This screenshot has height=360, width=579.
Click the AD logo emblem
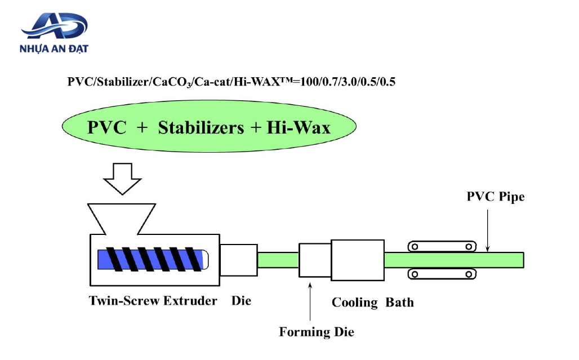[54, 26]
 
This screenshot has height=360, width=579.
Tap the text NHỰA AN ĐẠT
[54, 49]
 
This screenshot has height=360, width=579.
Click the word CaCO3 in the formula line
[172, 82]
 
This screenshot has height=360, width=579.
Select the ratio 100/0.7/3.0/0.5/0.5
[348, 82]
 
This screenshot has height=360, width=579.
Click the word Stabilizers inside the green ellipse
[201, 128]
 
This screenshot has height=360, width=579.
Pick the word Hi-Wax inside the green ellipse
[299, 128]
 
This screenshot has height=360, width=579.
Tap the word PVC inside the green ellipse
[106, 128]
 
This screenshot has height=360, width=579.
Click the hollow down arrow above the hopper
[122, 179]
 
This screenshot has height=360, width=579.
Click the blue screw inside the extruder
[153, 259]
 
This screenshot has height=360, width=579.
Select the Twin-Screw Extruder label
[153, 301]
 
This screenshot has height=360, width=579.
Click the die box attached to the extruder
[239, 260]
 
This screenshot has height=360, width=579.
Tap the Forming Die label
[317, 332]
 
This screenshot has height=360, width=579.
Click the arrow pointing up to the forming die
[310, 301]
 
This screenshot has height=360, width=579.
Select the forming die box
[315, 260]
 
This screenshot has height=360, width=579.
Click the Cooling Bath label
[373, 303]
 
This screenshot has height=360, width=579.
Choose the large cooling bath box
[358, 260]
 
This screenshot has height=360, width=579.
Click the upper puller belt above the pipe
[442, 246]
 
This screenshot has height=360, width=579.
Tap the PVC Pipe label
[496, 197]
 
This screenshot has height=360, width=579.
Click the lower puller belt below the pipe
[442, 274]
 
